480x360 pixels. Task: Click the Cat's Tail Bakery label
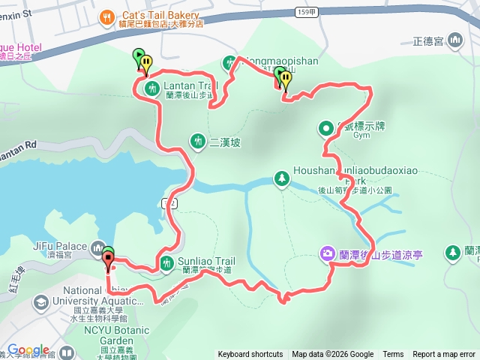point(162,15)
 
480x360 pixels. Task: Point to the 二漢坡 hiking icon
point(198,140)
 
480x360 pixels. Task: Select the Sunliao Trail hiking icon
point(166,262)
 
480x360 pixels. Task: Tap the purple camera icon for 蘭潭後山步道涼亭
point(328,253)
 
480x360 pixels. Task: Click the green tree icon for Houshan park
point(282,178)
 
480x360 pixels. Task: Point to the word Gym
point(363,136)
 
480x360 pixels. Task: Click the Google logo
point(28,349)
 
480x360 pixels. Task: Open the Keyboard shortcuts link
point(250,355)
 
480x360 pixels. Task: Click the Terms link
point(393,355)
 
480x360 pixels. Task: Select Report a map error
point(444,355)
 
